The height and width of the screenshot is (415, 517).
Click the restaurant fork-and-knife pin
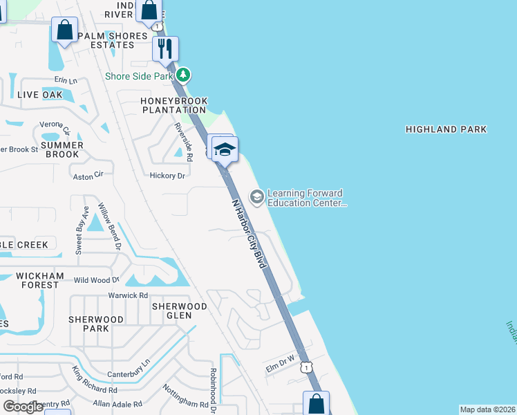coord(165,48)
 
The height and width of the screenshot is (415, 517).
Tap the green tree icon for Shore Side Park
coord(183,75)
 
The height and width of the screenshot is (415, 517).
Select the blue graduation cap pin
coord(225,149)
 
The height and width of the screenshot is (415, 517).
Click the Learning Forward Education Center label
coord(305,199)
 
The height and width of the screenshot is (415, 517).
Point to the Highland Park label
coord(446,129)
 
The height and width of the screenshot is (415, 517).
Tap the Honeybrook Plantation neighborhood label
coord(173,105)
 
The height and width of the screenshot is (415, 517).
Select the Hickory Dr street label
coord(167,176)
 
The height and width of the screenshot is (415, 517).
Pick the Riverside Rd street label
coord(183,140)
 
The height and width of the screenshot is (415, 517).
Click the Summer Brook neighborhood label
coord(62,149)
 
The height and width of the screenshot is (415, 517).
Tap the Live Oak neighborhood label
coord(40,95)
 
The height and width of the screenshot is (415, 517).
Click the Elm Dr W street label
coord(281,365)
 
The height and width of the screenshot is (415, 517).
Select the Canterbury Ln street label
coord(129,369)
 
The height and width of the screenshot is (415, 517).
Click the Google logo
coord(23,407)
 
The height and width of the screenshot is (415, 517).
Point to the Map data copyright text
coord(487,409)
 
